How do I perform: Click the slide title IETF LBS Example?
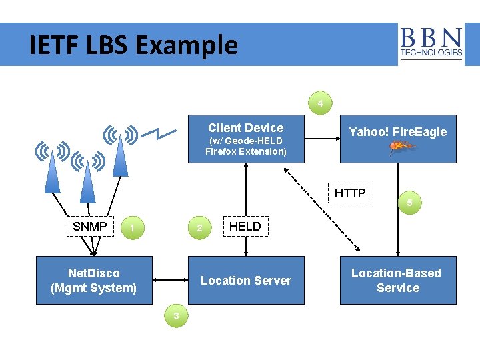[133, 45]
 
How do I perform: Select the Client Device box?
[246, 139]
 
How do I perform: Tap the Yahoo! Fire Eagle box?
[398, 139]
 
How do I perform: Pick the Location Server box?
[246, 281]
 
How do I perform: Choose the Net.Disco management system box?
[94, 281]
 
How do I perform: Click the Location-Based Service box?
[398, 281]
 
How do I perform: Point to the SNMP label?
[90, 227]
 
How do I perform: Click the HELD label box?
[245, 227]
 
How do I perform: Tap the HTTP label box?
[350, 193]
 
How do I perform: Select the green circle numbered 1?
[133, 228]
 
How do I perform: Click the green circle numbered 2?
[199, 228]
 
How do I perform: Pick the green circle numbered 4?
[321, 104]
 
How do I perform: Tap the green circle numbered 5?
[410, 202]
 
